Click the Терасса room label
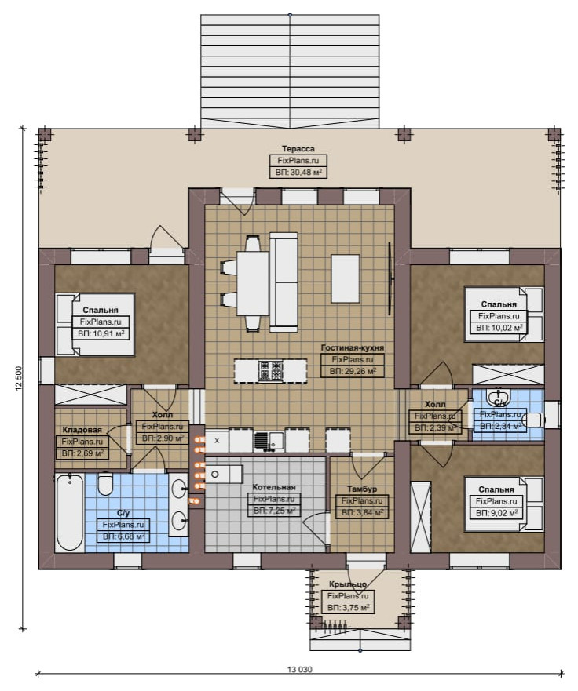pyautogui.click(x=298, y=149)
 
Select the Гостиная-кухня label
pyautogui.click(x=352, y=347)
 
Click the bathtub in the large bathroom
pyautogui.click(x=70, y=511)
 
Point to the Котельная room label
pyautogui.click(x=274, y=487)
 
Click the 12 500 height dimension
pyautogui.click(x=19, y=379)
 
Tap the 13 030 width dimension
pyautogui.click(x=299, y=670)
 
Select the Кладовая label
pyautogui.click(x=82, y=430)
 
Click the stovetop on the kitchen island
pyautogui.click(x=270, y=371)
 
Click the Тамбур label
pyautogui.click(x=362, y=489)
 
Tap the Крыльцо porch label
pyautogui.click(x=348, y=584)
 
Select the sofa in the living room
pyautogui.click(x=284, y=283)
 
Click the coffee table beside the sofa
pyautogui.click(x=345, y=278)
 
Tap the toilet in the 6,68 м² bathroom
pyautogui.click(x=105, y=484)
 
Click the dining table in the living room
pyautogui.click(x=253, y=283)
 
